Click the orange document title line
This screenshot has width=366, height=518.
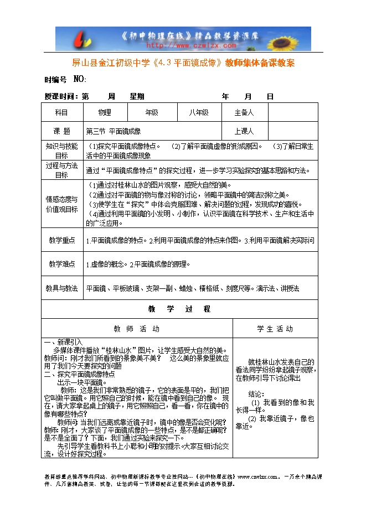tap(183, 63)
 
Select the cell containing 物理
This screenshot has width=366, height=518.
tap(105, 112)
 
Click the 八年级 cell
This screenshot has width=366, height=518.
tap(198, 112)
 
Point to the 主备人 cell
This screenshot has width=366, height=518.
tap(244, 112)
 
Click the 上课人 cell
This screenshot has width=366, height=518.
tap(244, 132)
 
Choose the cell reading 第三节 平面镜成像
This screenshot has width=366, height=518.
tap(114, 132)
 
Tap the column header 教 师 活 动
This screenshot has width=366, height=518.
tap(136, 329)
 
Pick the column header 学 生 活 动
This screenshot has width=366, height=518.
tap(275, 329)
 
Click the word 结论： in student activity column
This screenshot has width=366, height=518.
tap(256, 394)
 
